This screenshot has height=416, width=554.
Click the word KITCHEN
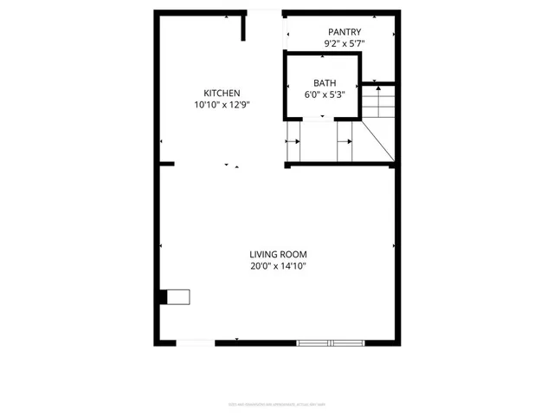click(222, 94)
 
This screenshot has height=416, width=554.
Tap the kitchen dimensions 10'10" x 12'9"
click(222, 105)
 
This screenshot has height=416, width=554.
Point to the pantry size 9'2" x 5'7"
click(345, 42)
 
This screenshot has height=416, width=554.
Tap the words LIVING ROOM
click(279, 254)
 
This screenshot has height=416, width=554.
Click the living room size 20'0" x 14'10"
click(279, 266)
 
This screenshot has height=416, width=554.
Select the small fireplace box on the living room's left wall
click(179, 297)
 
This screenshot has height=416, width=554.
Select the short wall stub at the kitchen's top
click(244, 26)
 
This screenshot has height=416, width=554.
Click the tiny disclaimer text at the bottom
click(278, 404)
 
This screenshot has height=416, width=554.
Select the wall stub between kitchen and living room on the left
click(165, 163)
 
